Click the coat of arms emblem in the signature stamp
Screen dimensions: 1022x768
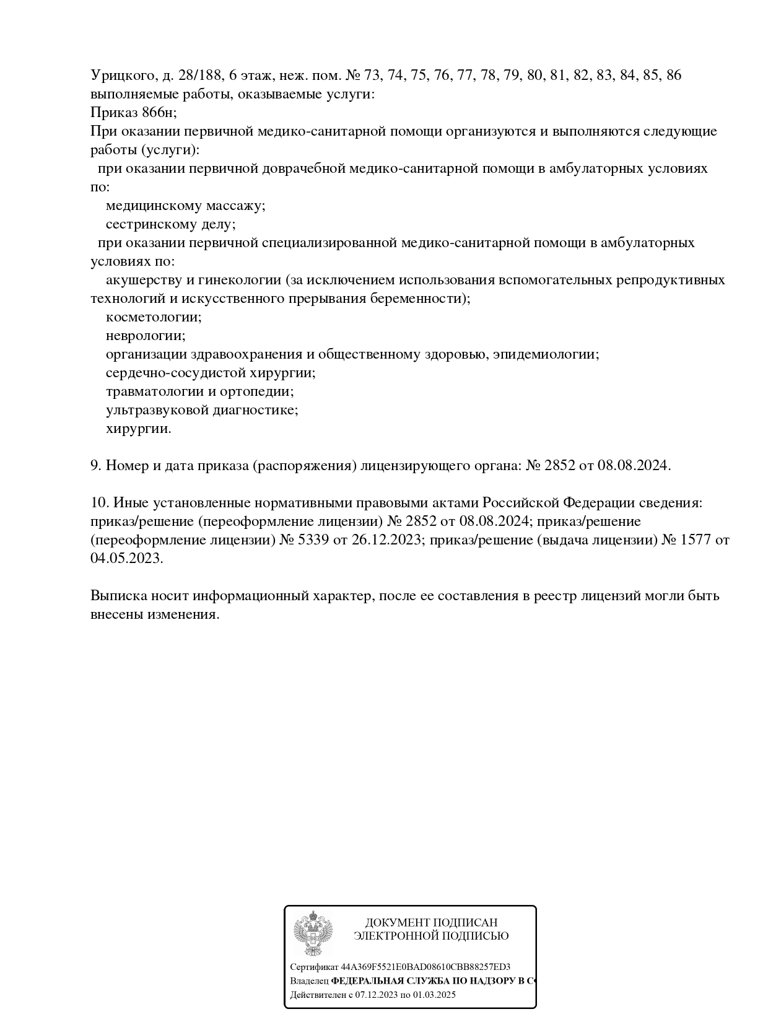(313, 933)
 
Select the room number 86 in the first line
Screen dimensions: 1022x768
(674, 76)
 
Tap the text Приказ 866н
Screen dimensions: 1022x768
(133, 113)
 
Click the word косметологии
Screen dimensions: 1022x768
(154, 317)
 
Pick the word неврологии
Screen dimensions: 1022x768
(146, 336)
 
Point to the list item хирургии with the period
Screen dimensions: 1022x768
(138, 429)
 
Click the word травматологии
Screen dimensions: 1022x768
(154, 391)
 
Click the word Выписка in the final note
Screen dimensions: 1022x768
(119, 596)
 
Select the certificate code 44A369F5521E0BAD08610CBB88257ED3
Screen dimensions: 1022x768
(425, 967)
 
